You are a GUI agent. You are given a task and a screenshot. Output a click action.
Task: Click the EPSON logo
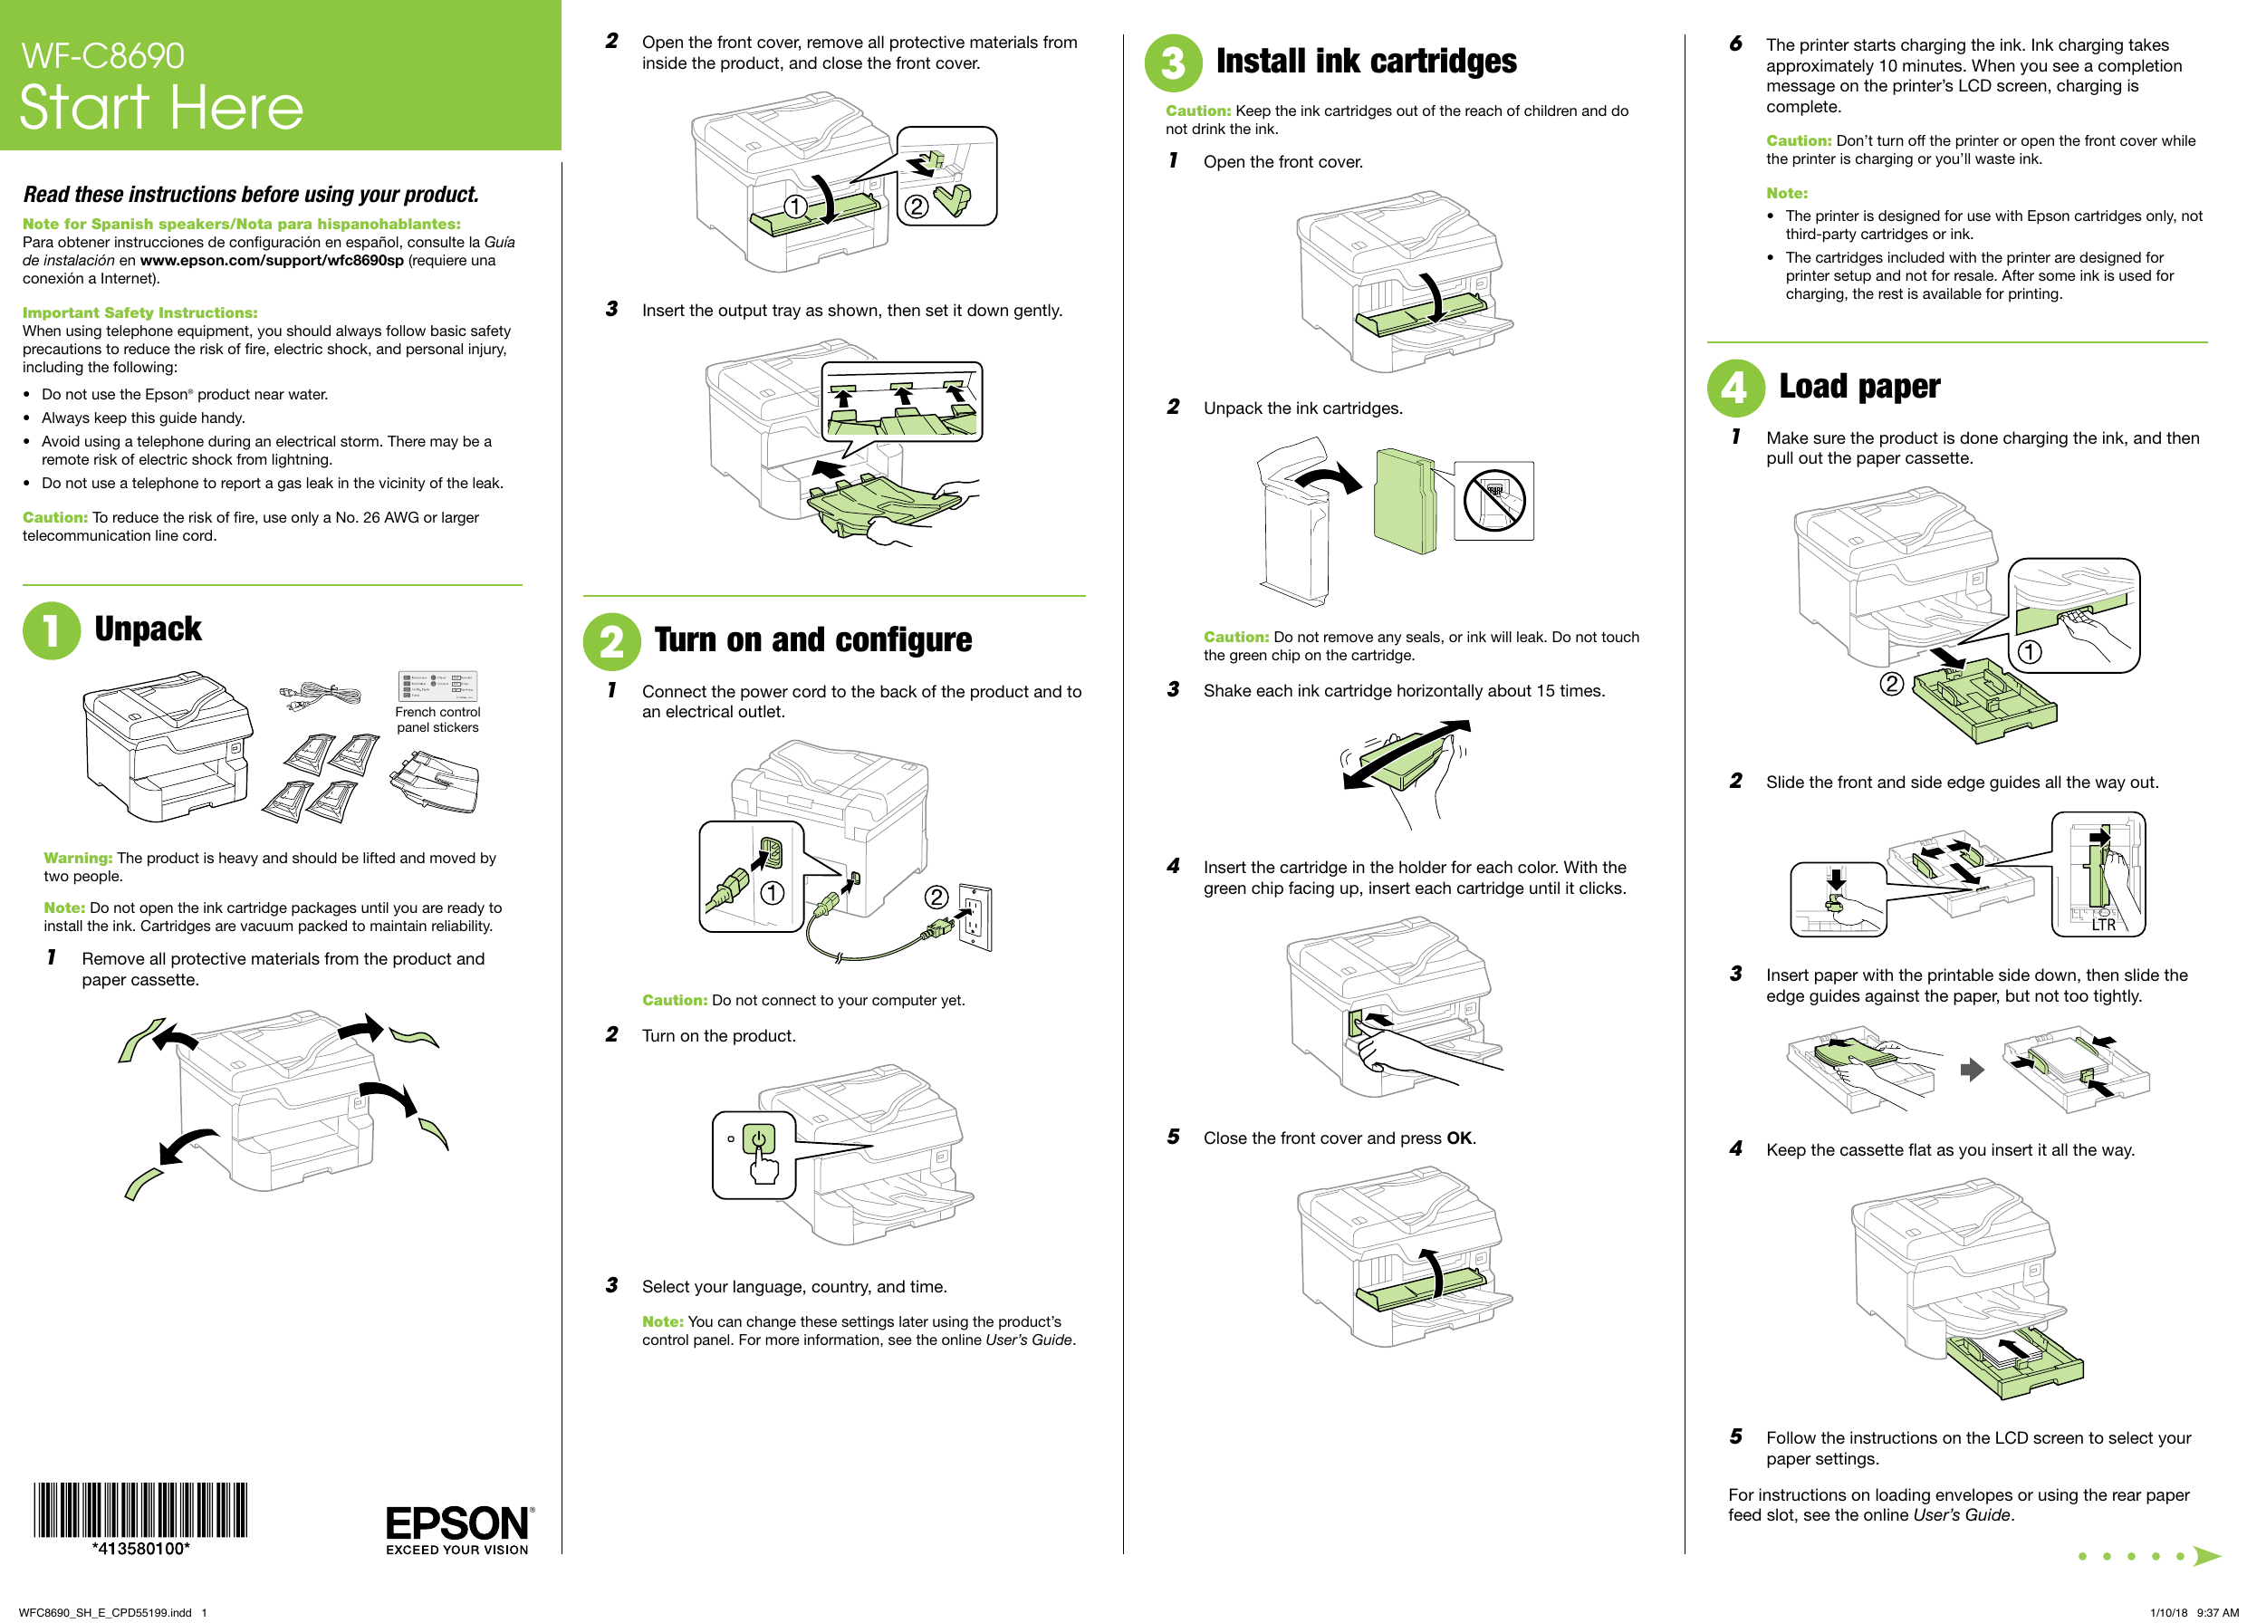(x=457, y=1523)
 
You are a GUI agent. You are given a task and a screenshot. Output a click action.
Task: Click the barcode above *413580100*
(x=139, y=1509)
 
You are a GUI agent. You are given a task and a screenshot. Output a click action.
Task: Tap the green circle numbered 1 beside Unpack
(x=51, y=631)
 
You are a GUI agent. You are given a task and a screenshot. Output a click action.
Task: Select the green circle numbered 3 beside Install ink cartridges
(x=1173, y=63)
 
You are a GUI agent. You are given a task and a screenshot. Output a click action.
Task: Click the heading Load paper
(x=1858, y=387)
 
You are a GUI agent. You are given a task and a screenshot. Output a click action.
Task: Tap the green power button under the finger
(x=759, y=1138)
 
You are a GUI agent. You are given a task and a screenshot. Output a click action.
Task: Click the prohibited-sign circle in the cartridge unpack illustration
(x=1494, y=500)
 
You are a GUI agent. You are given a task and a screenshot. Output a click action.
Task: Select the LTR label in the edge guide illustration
(x=2102, y=925)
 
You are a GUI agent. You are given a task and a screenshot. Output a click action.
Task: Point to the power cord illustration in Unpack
(x=319, y=695)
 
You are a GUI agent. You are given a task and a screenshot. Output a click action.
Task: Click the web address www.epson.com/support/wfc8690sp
(x=272, y=261)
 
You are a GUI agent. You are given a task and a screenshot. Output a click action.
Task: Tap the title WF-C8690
(x=103, y=55)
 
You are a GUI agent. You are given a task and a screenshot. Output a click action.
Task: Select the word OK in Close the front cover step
(x=1458, y=1138)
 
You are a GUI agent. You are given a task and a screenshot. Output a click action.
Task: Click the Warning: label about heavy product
(x=77, y=858)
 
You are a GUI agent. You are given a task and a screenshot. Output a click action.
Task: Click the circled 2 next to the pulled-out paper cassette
(x=1891, y=684)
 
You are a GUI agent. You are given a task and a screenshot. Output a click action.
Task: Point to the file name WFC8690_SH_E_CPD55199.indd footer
(x=105, y=1612)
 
